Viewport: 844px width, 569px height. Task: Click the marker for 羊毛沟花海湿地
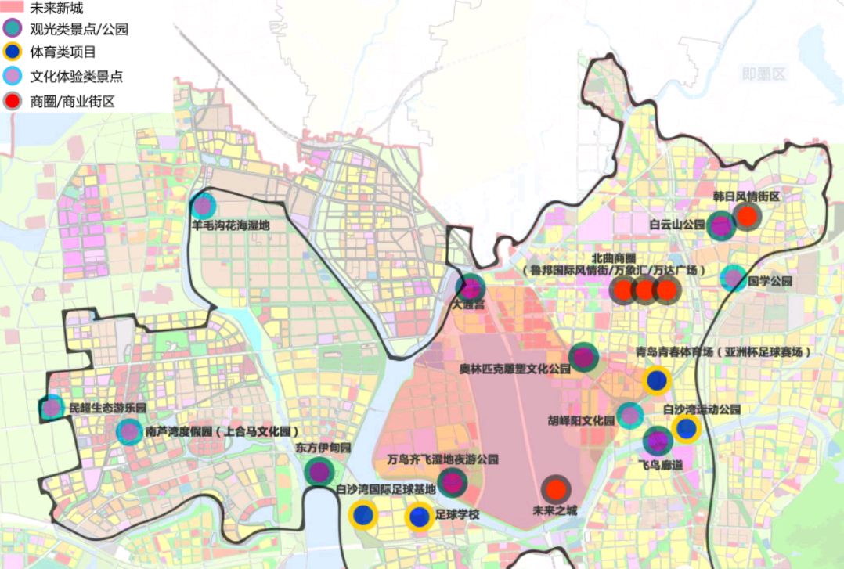pyautogui.click(x=204, y=207)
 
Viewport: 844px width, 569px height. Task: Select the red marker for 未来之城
pyautogui.click(x=556, y=490)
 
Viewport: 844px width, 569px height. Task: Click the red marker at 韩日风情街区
pyautogui.click(x=747, y=216)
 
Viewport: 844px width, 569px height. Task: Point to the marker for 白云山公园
pyautogui.click(x=721, y=225)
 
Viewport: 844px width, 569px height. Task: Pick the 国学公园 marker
pyautogui.click(x=733, y=278)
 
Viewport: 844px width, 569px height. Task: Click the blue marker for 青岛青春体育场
pyautogui.click(x=657, y=380)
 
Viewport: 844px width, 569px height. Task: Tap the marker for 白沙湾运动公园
pyautogui.click(x=687, y=428)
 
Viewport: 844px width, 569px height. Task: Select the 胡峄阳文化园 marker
pyautogui.click(x=629, y=416)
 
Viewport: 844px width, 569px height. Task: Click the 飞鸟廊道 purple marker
pyautogui.click(x=658, y=441)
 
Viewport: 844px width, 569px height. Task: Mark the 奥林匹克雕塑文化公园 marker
pyautogui.click(x=583, y=358)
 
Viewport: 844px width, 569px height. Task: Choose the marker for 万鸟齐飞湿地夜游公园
pyautogui.click(x=452, y=482)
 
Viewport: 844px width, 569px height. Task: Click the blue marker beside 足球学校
pyautogui.click(x=419, y=517)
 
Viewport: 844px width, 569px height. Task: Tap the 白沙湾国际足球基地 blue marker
pyautogui.click(x=362, y=515)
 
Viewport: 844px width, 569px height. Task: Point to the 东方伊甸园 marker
pyautogui.click(x=318, y=472)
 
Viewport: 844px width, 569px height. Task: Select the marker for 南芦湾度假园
pyautogui.click(x=129, y=431)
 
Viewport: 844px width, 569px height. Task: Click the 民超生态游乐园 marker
pyautogui.click(x=52, y=407)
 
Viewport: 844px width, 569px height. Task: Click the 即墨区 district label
pyautogui.click(x=763, y=74)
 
